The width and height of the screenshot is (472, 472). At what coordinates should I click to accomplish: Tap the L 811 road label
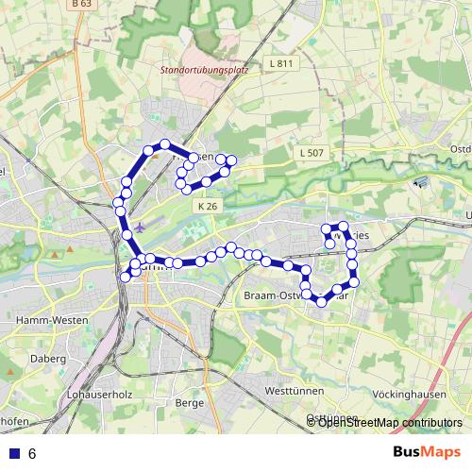tap(281, 64)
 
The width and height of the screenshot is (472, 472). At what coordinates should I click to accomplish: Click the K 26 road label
tap(208, 206)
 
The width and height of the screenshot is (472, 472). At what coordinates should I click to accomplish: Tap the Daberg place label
tap(46, 360)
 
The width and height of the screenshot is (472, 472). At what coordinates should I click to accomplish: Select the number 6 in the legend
tap(32, 453)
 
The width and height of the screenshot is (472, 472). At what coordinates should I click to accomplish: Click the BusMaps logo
tap(427, 452)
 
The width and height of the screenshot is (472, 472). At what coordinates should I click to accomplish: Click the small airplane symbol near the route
tap(141, 228)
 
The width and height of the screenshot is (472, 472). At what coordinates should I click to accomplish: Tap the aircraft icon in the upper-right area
tap(421, 181)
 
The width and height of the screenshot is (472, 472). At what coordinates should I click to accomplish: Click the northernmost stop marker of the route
tap(164, 144)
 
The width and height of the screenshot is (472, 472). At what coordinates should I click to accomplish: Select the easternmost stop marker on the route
tap(355, 281)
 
